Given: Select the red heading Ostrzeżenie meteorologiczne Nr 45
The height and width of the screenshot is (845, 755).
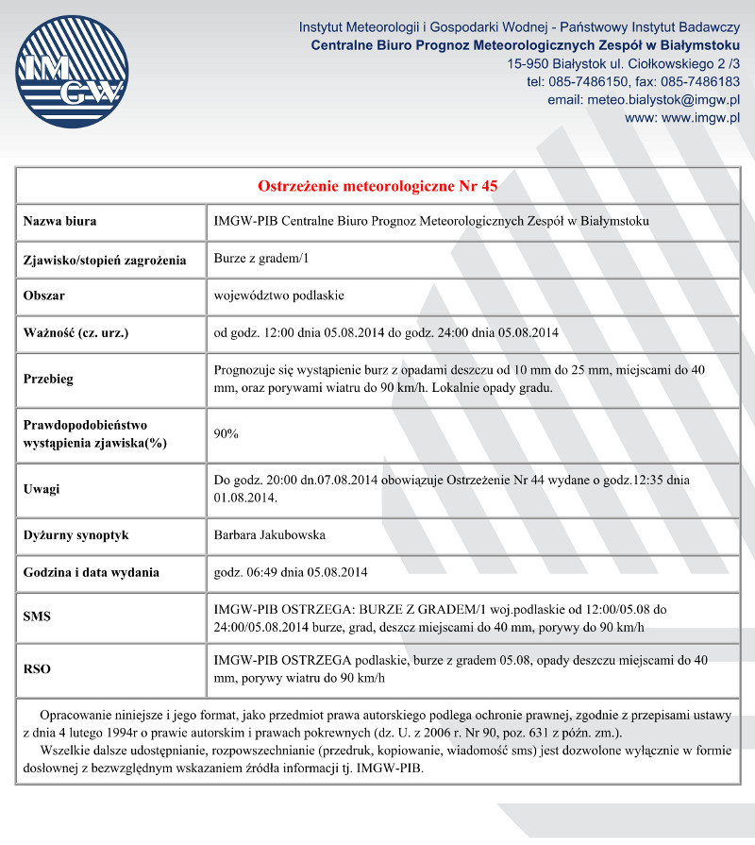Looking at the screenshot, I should click(x=377, y=185).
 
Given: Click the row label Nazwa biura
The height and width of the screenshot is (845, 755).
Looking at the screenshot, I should click(x=60, y=222).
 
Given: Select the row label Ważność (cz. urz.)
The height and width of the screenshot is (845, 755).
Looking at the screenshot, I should click(x=75, y=332).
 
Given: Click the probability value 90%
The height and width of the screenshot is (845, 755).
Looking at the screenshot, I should click(x=226, y=433).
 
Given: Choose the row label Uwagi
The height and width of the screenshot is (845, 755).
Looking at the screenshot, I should click(x=42, y=489).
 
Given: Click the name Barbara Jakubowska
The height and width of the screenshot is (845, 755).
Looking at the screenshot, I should click(x=270, y=535).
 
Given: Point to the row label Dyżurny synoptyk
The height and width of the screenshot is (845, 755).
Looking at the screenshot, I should click(x=75, y=535).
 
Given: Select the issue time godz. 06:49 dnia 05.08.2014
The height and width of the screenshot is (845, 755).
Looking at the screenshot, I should click(x=291, y=572).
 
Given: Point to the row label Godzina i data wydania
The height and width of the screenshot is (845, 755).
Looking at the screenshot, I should click(x=91, y=572).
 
